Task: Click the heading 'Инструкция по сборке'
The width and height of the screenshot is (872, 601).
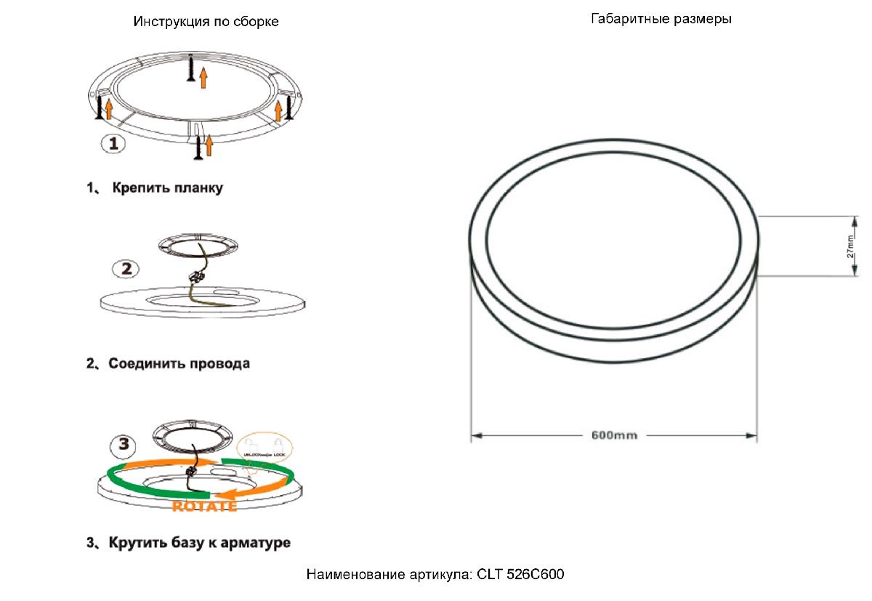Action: [x=206, y=22]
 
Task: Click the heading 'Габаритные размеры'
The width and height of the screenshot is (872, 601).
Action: [x=661, y=19]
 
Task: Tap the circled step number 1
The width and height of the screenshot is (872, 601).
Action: [x=113, y=144]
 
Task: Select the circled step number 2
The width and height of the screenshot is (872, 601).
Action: [x=126, y=268]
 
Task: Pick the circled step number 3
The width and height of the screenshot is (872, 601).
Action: [x=124, y=443]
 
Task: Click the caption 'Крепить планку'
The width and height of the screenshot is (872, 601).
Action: [x=167, y=188]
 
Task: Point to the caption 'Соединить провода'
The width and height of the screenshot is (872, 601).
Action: [x=179, y=363]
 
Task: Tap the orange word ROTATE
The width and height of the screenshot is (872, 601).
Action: [x=203, y=507]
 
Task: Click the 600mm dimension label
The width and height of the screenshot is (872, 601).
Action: [x=614, y=435]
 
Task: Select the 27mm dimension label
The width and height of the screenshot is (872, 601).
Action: [x=849, y=247]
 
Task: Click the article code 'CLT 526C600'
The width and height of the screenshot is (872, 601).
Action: [x=520, y=575]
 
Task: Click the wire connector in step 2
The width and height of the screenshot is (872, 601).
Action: [x=195, y=277]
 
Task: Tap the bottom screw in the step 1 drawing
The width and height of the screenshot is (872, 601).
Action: [x=197, y=148]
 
